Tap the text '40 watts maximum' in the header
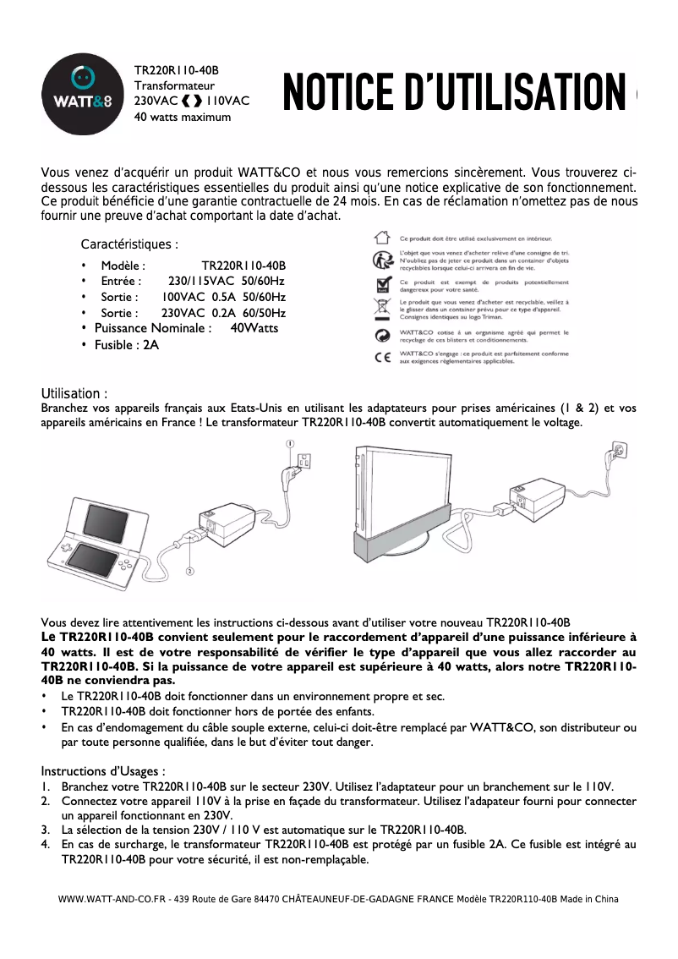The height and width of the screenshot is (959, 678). [x=183, y=117]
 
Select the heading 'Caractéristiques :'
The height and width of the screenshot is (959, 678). [x=129, y=245]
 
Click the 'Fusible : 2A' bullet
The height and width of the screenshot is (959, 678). [x=126, y=345]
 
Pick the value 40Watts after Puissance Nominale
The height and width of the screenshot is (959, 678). [x=254, y=328]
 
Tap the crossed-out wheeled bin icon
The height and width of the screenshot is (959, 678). [x=382, y=307]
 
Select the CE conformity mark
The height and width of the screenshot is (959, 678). [x=382, y=356]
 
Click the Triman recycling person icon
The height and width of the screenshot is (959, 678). [x=382, y=259]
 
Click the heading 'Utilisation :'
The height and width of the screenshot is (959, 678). [x=74, y=394]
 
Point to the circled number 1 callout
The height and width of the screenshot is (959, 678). [x=289, y=443]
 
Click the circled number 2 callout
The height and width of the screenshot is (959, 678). [x=189, y=572]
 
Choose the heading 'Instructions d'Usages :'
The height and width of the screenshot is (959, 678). [x=103, y=771]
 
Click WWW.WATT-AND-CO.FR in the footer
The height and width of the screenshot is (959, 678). [x=112, y=899]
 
